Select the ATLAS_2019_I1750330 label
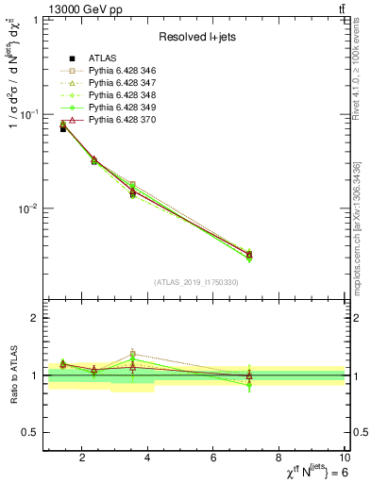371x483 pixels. [x=194, y=282]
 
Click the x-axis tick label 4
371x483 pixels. [x=148, y=458]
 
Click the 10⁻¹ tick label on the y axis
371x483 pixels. [x=28, y=114]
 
